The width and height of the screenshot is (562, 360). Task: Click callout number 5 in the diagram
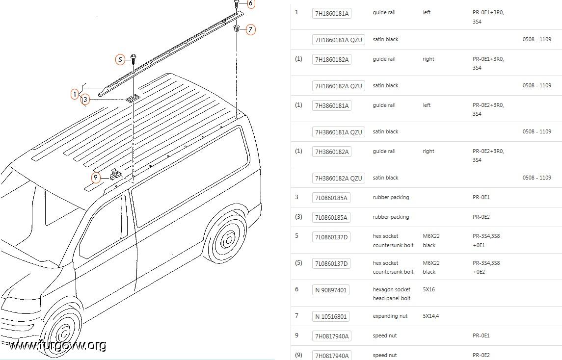[x=120, y=59]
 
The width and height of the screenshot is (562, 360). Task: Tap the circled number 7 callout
[x=250, y=29]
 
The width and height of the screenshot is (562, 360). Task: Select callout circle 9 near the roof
[x=95, y=178]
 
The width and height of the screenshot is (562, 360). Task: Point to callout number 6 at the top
[x=250, y=3]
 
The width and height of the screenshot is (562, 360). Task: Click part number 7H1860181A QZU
[x=338, y=40]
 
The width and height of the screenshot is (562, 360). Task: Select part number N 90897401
[x=331, y=290]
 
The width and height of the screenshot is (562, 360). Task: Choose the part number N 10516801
[x=331, y=316]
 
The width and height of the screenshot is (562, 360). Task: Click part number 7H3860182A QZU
[x=338, y=178]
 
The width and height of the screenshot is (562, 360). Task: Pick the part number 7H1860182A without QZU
[x=331, y=59]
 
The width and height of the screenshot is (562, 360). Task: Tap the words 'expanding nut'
[x=390, y=316]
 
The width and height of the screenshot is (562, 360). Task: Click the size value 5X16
[x=428, y=289]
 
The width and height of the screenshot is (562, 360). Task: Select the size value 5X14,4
[x=431, y=316]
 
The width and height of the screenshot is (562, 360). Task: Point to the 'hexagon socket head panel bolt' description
[x=391, y=294]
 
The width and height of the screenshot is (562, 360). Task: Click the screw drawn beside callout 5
[x=134, y=58]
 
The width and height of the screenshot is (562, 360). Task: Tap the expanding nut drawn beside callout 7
[x=237, y=28]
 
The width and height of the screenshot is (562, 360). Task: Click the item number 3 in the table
[x=296, y=197]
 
